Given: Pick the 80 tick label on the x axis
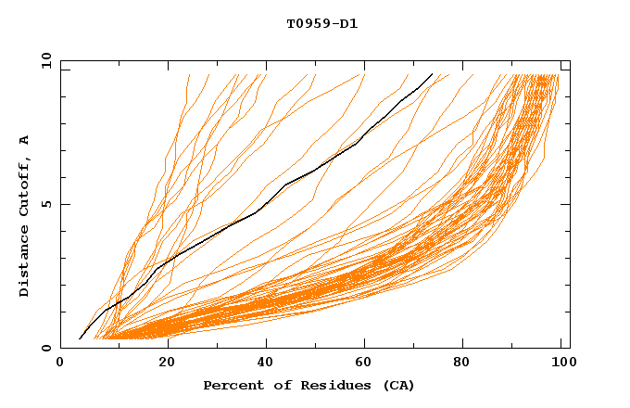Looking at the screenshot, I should click(468, 363).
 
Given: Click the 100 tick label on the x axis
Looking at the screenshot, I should click(561, 363).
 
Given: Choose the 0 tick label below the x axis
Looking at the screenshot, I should click(60, 363).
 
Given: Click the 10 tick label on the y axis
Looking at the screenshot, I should click(44, 60).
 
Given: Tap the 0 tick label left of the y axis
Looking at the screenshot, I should click(47, 348).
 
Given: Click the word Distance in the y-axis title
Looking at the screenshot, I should click(24, 263).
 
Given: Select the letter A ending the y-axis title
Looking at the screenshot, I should click(24, 140).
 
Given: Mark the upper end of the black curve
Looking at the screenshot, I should click(432, 74).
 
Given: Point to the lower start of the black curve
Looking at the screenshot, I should click(81, 338).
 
